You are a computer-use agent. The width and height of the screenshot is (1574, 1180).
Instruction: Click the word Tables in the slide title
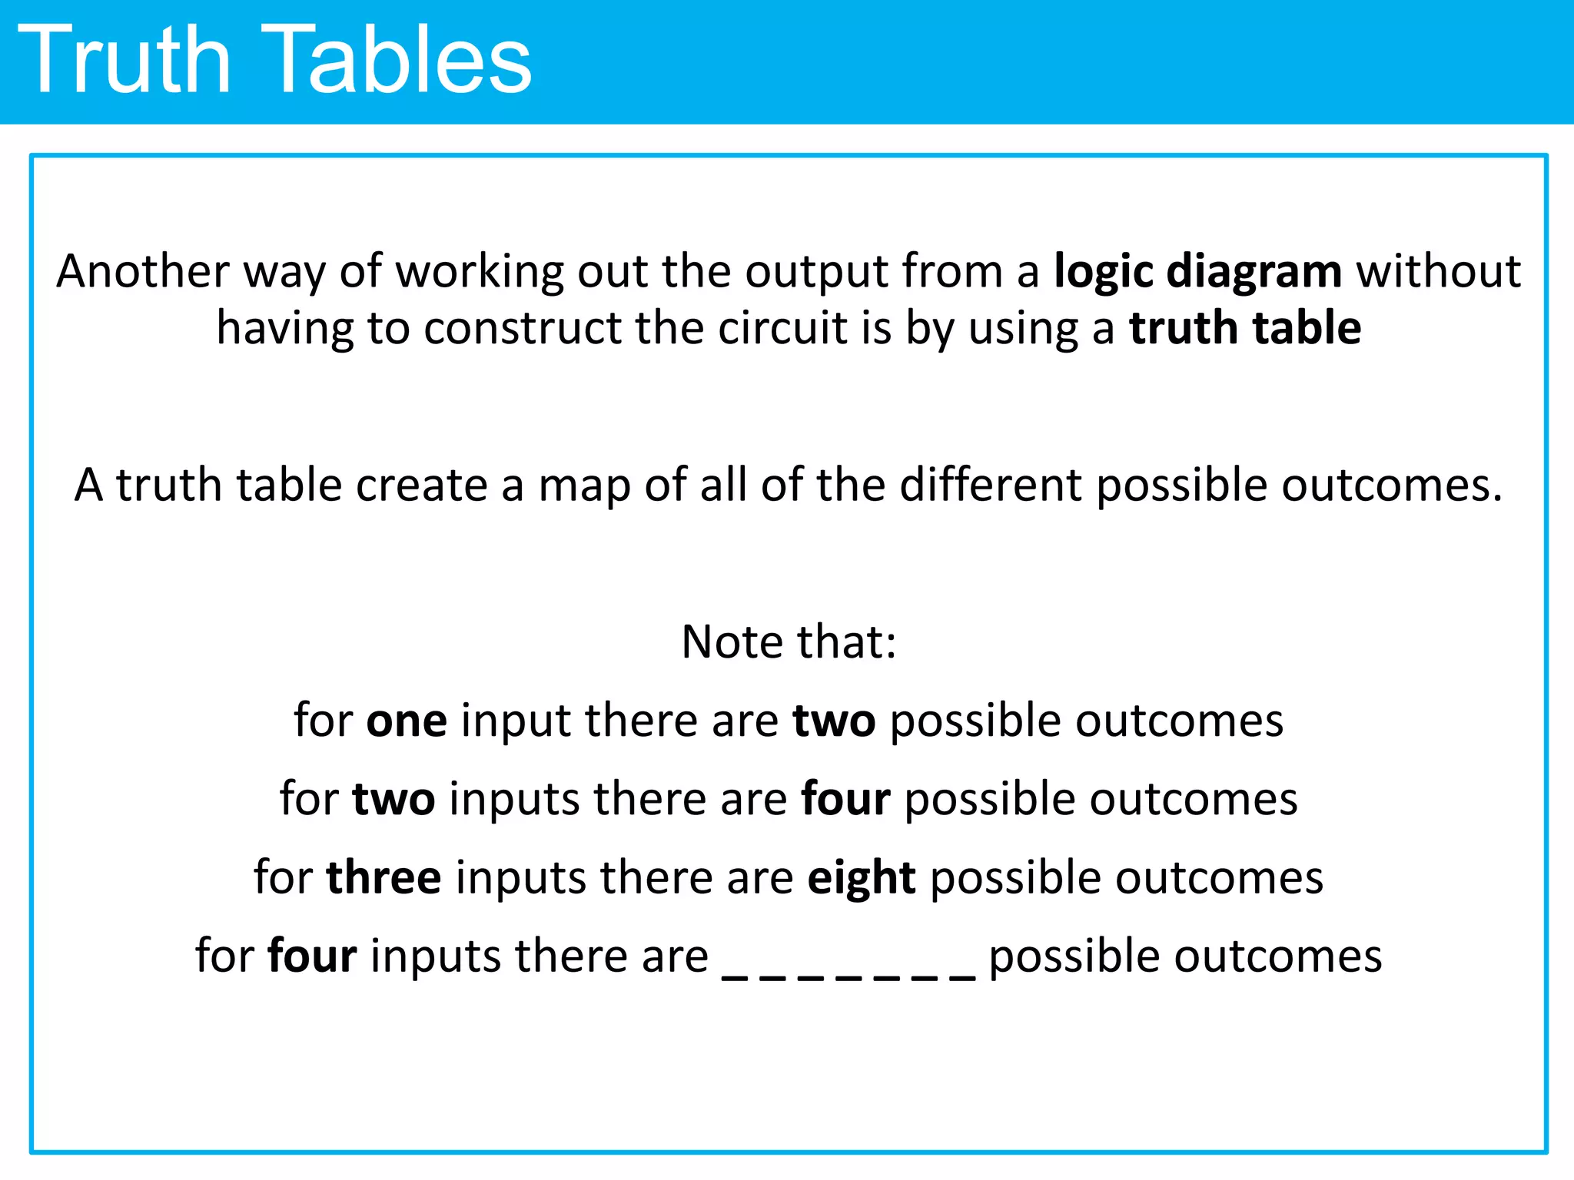point(400,60)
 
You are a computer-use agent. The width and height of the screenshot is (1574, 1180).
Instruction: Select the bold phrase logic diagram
point(1197,272)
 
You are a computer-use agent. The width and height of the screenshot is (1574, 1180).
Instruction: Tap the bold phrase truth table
point(1245,329)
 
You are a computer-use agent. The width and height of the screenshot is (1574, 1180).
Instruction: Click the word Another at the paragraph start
point(143,272)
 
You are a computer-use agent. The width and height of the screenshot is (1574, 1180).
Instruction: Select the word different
point(990,486)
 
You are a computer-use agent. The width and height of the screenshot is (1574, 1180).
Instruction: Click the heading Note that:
point(789,642)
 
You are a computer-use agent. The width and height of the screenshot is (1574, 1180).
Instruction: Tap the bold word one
point(407,722)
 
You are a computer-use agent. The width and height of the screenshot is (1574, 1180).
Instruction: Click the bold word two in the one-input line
point(834,722)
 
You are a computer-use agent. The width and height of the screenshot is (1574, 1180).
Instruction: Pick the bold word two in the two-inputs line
point(393,800)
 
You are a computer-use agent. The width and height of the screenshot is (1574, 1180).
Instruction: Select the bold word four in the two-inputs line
point(845,800)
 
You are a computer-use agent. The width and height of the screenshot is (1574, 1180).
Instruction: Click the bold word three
point(384,878)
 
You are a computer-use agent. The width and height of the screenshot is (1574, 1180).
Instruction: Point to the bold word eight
point(861,878)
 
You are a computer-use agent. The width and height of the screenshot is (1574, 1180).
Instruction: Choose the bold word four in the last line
point(312,956)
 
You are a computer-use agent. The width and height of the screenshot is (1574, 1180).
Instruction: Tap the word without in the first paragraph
point(1438,272)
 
